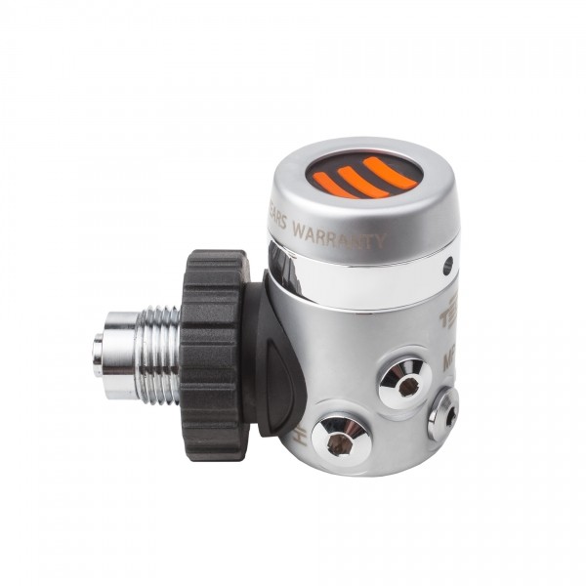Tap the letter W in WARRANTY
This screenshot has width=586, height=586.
click(299, 230)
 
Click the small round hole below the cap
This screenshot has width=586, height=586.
click(447, 265)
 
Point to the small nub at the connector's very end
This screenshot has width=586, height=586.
click(98, 353)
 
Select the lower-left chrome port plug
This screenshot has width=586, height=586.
click(340, 441)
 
